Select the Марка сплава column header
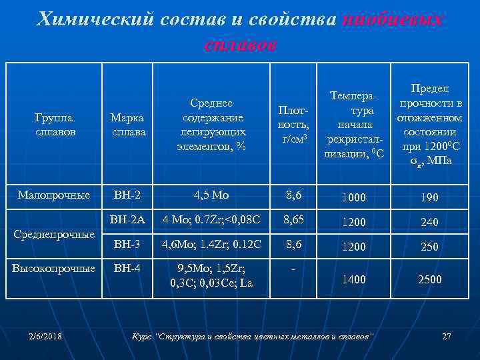click(x=129, y=125)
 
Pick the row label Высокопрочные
click(x=55, y=269)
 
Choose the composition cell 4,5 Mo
click(x=211, y=195)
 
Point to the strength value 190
click(x=429, y=198)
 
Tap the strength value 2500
click(x=429, y=279)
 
